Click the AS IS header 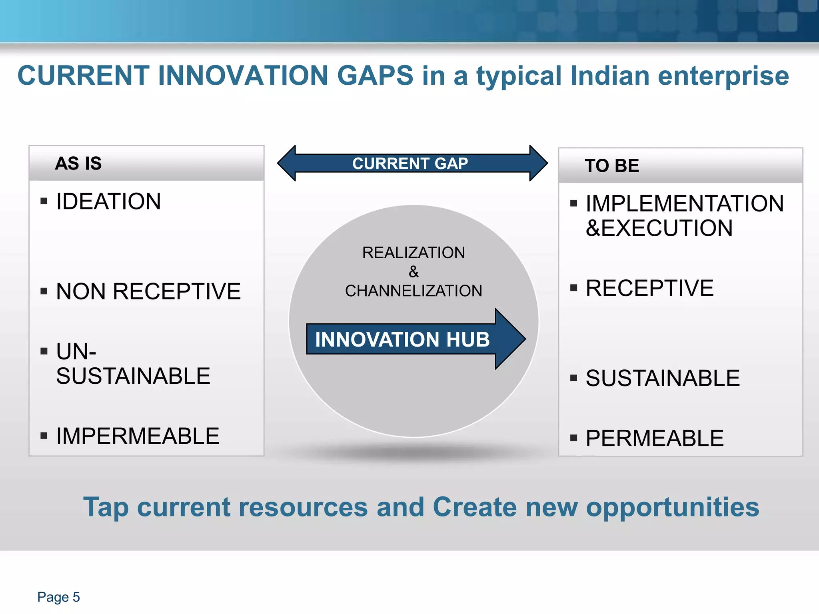(x=78, y=163)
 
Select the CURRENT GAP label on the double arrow (x=410, y=163)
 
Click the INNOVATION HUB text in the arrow (x=402, y=339)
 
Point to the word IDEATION (x=108, y=201)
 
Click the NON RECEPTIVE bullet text (x=148, y=291)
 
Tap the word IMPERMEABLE (x=138, y=436)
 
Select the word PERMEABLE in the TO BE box (x=655, y=439)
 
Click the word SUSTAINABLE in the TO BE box (x=663, y=378)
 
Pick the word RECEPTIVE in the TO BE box (x=649, y=288)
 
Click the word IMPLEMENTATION (x=684, y=204)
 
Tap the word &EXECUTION (x=659, y=228)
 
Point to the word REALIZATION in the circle (x=413, y=253)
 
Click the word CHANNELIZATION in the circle (x=413, y=291)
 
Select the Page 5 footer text (x=58, y=597)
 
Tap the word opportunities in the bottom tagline (x=672, y=507)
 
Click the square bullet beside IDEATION (x=44, y=201)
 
